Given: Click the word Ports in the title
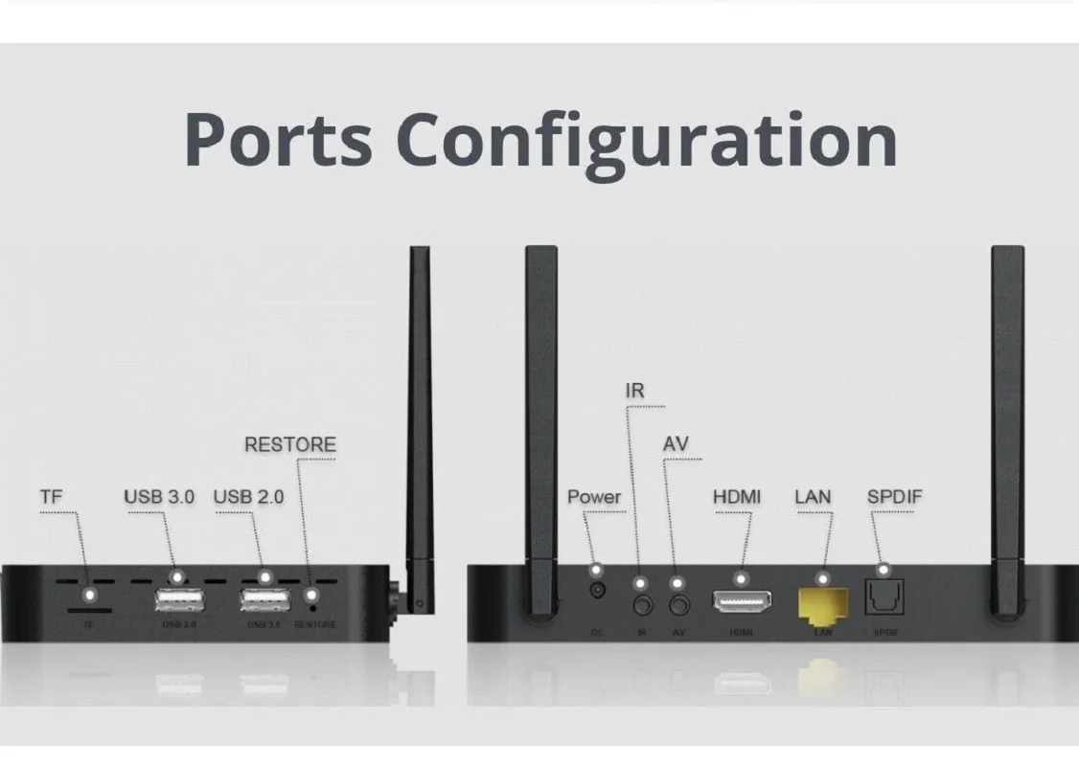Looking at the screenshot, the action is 278,139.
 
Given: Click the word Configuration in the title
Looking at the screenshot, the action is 647,139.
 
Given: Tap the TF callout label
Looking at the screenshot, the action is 51,497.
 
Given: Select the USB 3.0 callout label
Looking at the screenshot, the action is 159,497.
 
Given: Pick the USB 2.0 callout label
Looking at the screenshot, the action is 248,497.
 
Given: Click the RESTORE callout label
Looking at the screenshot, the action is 290,445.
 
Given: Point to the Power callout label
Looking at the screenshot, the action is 594,497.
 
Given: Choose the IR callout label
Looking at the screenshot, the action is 634,392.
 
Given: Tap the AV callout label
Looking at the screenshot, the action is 676,445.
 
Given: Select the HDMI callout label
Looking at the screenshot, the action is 737,497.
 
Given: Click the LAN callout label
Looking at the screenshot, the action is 813,497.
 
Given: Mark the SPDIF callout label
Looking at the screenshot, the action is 895,497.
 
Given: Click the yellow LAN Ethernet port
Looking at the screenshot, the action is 822,603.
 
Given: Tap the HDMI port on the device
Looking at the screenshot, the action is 742,602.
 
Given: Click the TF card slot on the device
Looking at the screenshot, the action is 89,608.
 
